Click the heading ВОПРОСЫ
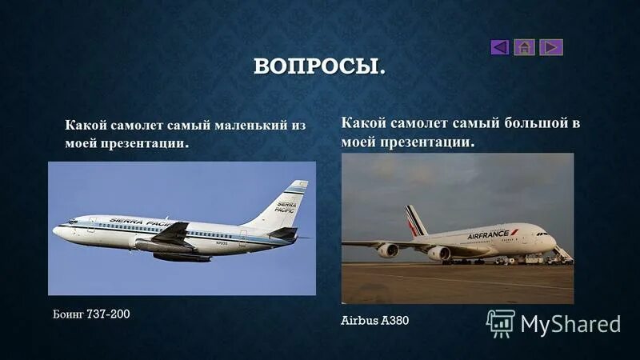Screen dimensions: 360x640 pos(319,66)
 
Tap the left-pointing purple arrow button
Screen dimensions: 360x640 pos(500,47)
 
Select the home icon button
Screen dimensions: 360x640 pos(525,47)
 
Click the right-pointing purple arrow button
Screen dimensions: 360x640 pos(550,47)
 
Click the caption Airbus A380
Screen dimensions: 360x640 pos(374,320)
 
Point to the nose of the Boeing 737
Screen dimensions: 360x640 pos(56,230)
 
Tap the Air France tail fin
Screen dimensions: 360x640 pos(415,220)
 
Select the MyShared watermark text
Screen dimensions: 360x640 pos(570,323)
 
